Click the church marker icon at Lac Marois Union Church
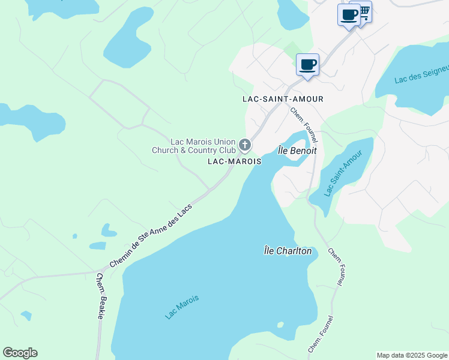click(x=244, y=145)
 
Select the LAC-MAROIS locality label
click(x=234, y=162)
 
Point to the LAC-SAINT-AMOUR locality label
click(x=283, y=99)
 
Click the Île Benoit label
click(x=297, y=151)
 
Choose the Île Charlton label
click(x=288, y=251)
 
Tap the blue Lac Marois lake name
click(x=182, y=307)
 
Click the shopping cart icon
click(x=363, y=11)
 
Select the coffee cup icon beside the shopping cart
click(x=348, y=15)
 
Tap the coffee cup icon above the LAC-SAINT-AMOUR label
click(x=307, y=64)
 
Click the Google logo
click(x=20, y=353)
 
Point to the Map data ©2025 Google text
click(x=411, y=355)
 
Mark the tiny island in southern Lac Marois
click(x=280, y=325)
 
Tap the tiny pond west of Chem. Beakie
click(x=26, y=315)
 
